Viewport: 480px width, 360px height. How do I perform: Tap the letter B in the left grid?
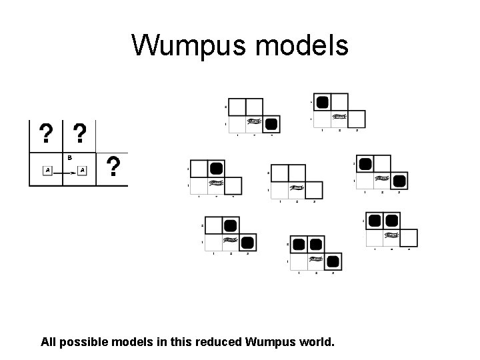(69, 158)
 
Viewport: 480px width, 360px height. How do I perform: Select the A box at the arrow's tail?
(47, 171)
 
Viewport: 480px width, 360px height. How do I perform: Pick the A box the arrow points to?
(82, 171)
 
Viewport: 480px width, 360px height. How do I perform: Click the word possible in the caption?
(89, 343)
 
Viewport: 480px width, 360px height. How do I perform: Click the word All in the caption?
(49, 343)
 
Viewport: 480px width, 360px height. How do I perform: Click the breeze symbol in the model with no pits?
(297, 189)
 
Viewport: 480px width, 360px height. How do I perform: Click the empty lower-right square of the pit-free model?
(314, 190)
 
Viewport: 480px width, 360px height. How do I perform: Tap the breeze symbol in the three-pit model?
(315, 259)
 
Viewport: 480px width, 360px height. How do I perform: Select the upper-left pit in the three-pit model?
(297, 243)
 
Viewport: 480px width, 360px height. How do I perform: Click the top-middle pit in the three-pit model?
(315, 243)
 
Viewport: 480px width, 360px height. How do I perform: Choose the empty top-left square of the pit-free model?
(279, 173)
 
